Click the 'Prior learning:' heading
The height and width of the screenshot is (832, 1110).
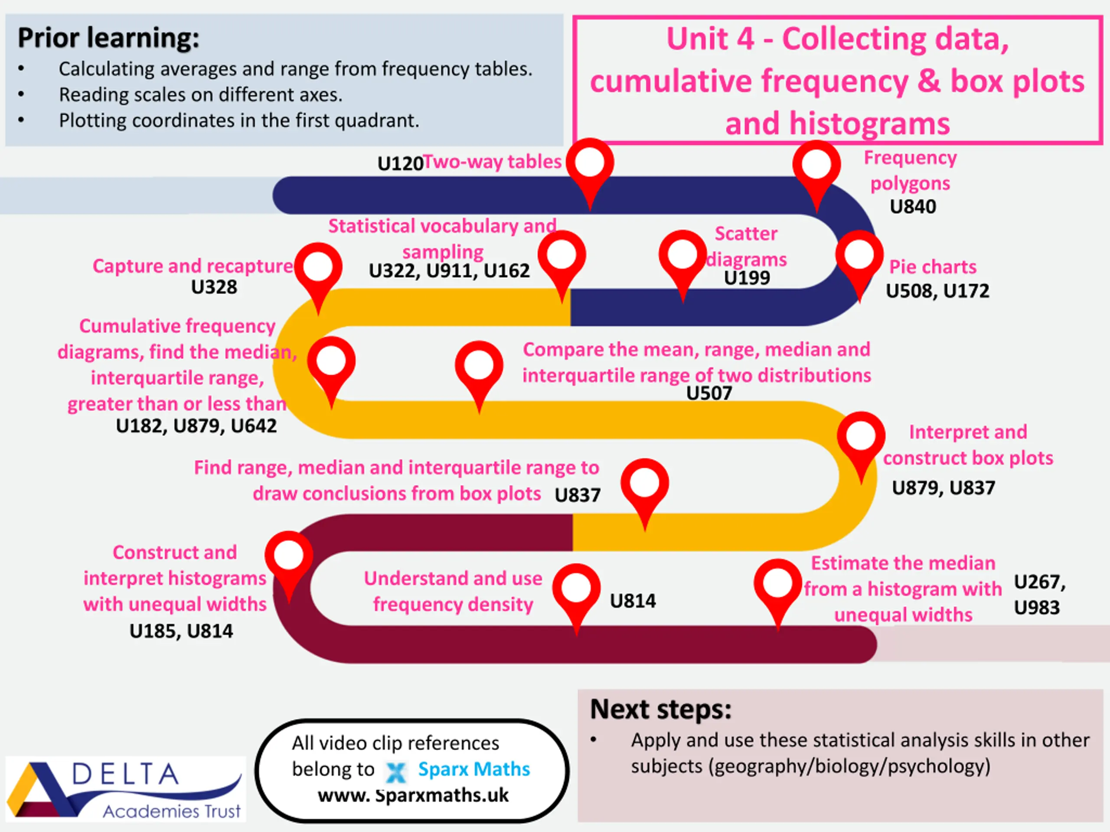pos(108,38)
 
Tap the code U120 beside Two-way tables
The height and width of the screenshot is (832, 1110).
pos(401,163)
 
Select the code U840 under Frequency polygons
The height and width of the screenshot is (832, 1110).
pos(913,207)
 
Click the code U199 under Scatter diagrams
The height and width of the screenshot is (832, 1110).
pos(747,278)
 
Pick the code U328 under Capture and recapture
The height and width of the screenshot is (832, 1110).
pos(214,287)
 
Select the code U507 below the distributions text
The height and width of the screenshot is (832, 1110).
pos(709,393)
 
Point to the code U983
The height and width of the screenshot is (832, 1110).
pos(1037,608)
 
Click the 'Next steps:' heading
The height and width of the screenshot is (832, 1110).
pos(661,709)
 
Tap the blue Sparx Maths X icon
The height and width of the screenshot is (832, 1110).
pos(395,772)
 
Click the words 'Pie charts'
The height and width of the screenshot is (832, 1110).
pos(933,267)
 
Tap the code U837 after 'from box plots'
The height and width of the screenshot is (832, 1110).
pos(578,495)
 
